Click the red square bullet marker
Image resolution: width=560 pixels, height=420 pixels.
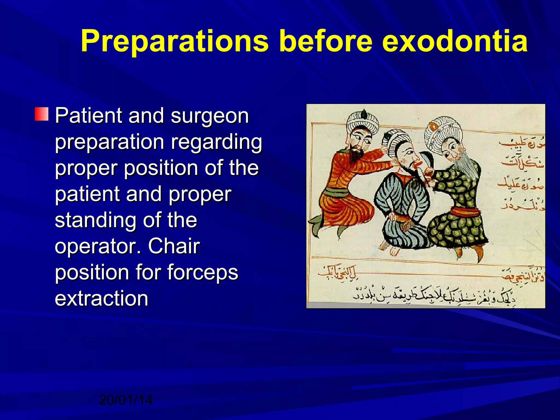coord(42,114)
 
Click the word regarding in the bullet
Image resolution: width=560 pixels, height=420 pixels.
coord(217,142)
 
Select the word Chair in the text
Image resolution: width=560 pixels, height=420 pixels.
coord(174,246)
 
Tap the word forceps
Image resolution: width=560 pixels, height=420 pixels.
coord(203,272)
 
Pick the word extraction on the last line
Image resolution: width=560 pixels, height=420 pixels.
coord(101,298)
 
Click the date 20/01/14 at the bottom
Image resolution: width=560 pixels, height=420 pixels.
coord(126,400)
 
